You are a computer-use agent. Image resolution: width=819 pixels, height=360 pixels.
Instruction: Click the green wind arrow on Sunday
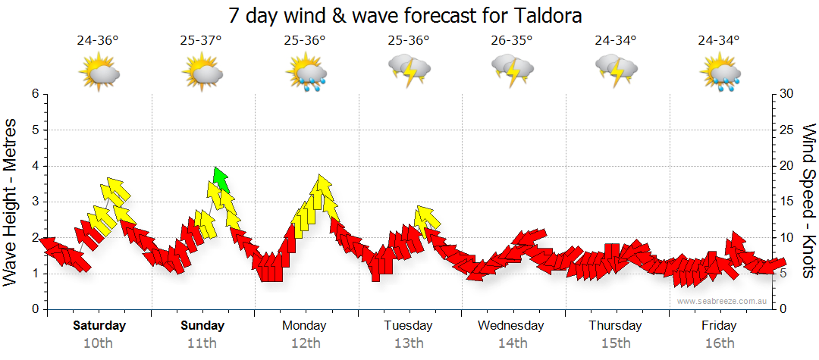click(x=221, y=180)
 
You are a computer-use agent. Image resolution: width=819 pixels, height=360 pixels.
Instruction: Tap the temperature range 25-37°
click(x=201, y=40)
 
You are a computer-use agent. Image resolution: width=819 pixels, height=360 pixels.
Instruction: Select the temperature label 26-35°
click(x=511, y=40)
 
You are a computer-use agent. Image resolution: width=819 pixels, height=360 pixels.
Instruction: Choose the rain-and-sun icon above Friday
click(x=718, y=74)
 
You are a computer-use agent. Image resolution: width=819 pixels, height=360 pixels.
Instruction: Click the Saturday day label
click(x=99, y=326)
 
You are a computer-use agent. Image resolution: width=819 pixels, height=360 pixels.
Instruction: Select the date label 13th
click(x=409, y=343)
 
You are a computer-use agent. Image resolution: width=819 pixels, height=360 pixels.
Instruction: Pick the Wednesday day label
click(x=511, y=326)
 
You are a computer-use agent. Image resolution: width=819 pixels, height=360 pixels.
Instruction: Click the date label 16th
click(x=719, y=343)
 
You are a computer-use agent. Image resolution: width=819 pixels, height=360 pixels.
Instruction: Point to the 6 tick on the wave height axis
click(x=34, y=94)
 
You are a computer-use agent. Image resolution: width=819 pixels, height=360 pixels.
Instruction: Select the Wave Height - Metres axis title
click(x=12, y=202)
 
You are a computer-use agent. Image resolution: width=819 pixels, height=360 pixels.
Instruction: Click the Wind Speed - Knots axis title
click(x=808, y=202)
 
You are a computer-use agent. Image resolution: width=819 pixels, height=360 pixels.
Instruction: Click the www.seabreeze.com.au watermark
click(x=723, y=301)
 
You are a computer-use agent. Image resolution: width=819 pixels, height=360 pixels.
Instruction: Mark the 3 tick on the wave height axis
click(x=34, y=202)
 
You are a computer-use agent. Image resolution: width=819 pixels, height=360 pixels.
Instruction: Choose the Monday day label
click(x=304, y=326)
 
